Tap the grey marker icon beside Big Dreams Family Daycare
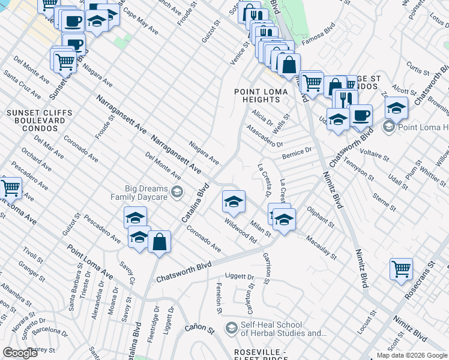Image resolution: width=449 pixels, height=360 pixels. click(x=176, y=192)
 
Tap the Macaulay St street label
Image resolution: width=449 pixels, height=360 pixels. click(x=321, y=247)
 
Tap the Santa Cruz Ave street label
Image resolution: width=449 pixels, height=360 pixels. click(x=22, y=85)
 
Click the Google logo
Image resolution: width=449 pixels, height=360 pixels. click(x=20, y=353)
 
